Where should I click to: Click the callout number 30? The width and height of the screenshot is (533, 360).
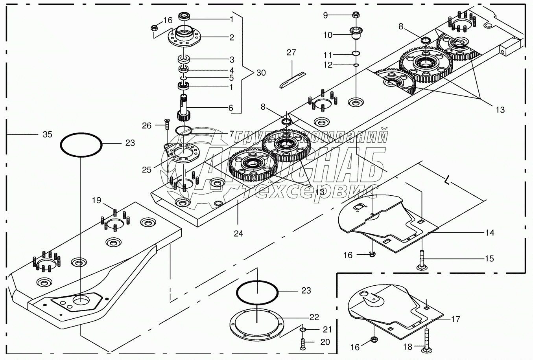[x=261, y=73]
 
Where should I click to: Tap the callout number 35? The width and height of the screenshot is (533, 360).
[x=47, y=134]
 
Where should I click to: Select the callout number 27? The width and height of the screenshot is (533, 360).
[x=291, y=53]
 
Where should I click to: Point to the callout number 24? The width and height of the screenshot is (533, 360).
[x=238, y=234]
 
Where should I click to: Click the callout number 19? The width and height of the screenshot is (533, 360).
[x=97, y=200]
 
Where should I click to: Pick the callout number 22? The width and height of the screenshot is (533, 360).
[x=314, y=317]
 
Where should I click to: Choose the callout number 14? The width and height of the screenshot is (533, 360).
[x=490, y=233]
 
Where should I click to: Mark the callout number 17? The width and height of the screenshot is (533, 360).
[x=456, y=319]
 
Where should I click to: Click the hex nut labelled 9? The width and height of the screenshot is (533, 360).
[x=356, y=15]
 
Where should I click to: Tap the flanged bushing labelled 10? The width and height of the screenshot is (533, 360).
[x=356, y=33]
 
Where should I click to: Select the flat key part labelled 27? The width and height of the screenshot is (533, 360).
[x=292, y=80]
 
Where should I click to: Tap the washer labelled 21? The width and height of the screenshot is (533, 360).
[x=302, y=330]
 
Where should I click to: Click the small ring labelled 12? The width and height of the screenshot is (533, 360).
[x=356, y=65]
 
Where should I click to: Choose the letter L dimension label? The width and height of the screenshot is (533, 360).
[x=447, y=180]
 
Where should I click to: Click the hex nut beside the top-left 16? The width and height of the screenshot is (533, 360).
[x=155, y=28]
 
